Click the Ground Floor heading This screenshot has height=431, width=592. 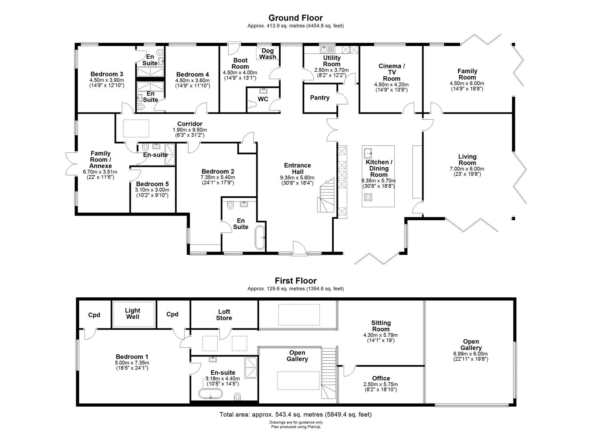(x=295, y=18)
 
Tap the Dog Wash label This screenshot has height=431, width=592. (x=267, y=54)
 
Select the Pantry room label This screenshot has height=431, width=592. (x=320, y=98)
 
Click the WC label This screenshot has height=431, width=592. (x=263, y=99)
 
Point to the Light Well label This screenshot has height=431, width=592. (x=133, y=313)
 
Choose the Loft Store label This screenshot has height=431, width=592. (x=224, y=315)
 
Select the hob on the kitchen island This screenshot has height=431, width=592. (x=368, y=197)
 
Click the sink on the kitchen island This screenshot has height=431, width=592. (x=368, y=152)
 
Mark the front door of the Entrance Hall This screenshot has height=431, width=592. (x=298, y=248)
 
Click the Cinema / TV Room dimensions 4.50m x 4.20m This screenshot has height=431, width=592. (x=386, y=85)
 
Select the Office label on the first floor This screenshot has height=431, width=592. (x=381, y=378)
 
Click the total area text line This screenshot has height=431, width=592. (x=295, y=415)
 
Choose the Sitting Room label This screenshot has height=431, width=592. (x=381, y=326)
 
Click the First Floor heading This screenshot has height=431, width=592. (x=295, y=281)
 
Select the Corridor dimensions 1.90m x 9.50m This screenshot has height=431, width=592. (x=190, y=130)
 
